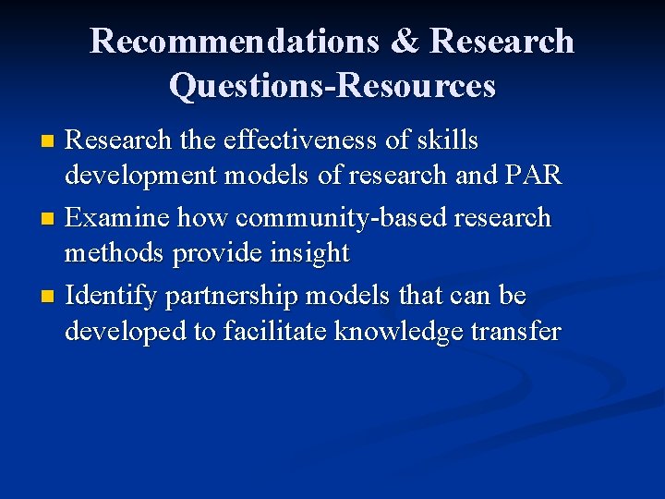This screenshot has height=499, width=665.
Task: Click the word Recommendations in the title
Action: [x=234, y=42]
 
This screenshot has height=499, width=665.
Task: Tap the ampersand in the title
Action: [x=404, y=42]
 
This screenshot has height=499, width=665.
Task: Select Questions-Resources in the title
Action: [x=332, y=86]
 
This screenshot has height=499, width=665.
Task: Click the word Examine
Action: [x=118, y=218]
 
